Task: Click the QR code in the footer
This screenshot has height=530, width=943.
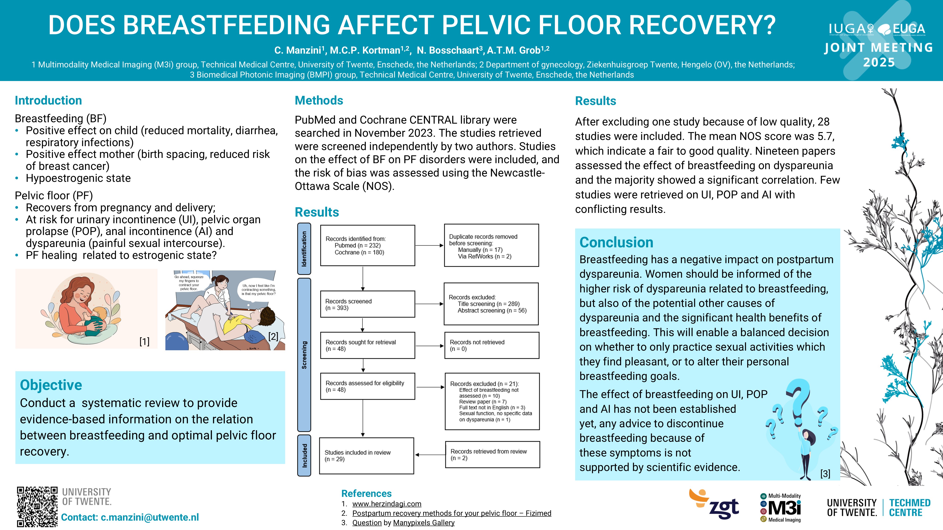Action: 37,507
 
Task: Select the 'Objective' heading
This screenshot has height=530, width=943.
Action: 51,385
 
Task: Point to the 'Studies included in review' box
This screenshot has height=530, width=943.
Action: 366,456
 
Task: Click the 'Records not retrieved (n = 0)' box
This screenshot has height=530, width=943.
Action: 492,345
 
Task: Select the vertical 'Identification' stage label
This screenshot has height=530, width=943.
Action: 304,249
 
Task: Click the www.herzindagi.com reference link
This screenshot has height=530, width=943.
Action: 387,504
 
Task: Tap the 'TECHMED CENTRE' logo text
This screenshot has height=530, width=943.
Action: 910,508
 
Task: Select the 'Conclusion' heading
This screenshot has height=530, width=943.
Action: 616,242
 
